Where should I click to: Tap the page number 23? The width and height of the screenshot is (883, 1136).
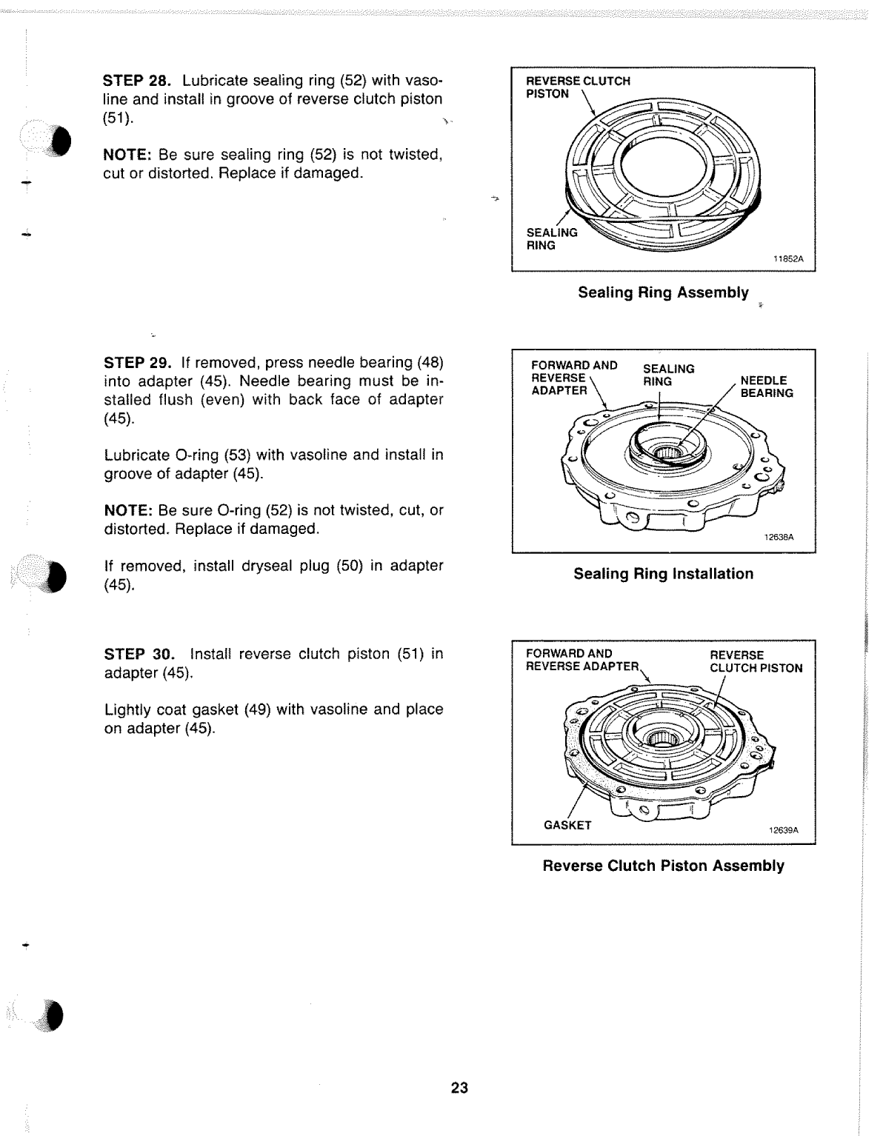459,1088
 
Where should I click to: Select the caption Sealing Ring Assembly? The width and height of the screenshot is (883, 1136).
663,293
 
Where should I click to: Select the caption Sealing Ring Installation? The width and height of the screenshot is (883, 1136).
663,574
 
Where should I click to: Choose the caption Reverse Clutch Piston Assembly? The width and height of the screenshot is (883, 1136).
663,866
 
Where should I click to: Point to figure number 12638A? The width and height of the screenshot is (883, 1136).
779,538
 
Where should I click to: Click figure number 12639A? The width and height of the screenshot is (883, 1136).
783,830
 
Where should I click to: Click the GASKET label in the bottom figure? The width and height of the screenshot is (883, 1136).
567,826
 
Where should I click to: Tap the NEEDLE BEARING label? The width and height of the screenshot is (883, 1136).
766,387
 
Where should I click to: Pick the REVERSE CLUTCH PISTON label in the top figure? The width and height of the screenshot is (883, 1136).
577,87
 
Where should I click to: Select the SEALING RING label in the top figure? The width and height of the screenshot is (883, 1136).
551,239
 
